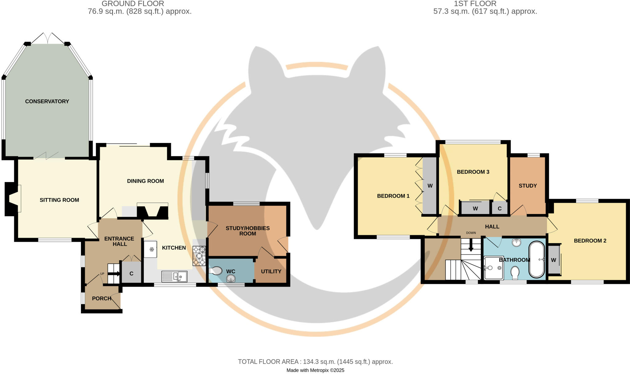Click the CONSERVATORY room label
point(47,101)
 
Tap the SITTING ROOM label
point(59,200)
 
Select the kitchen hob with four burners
point(199,256)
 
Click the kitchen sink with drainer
point(174,276)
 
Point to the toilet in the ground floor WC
point(216,271)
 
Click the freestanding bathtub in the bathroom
point(536,260)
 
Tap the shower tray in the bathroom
point(493,268)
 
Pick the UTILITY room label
point(271,271)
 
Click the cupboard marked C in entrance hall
point(131,273)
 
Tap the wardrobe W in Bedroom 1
point(430,186)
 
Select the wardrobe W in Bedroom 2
point(553,260)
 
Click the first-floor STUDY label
point(528,186)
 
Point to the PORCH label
point(102,298)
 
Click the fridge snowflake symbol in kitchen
point(152,249)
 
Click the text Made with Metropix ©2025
point(315,370)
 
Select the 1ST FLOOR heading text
point(475,4)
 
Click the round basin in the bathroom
point(516,242)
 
